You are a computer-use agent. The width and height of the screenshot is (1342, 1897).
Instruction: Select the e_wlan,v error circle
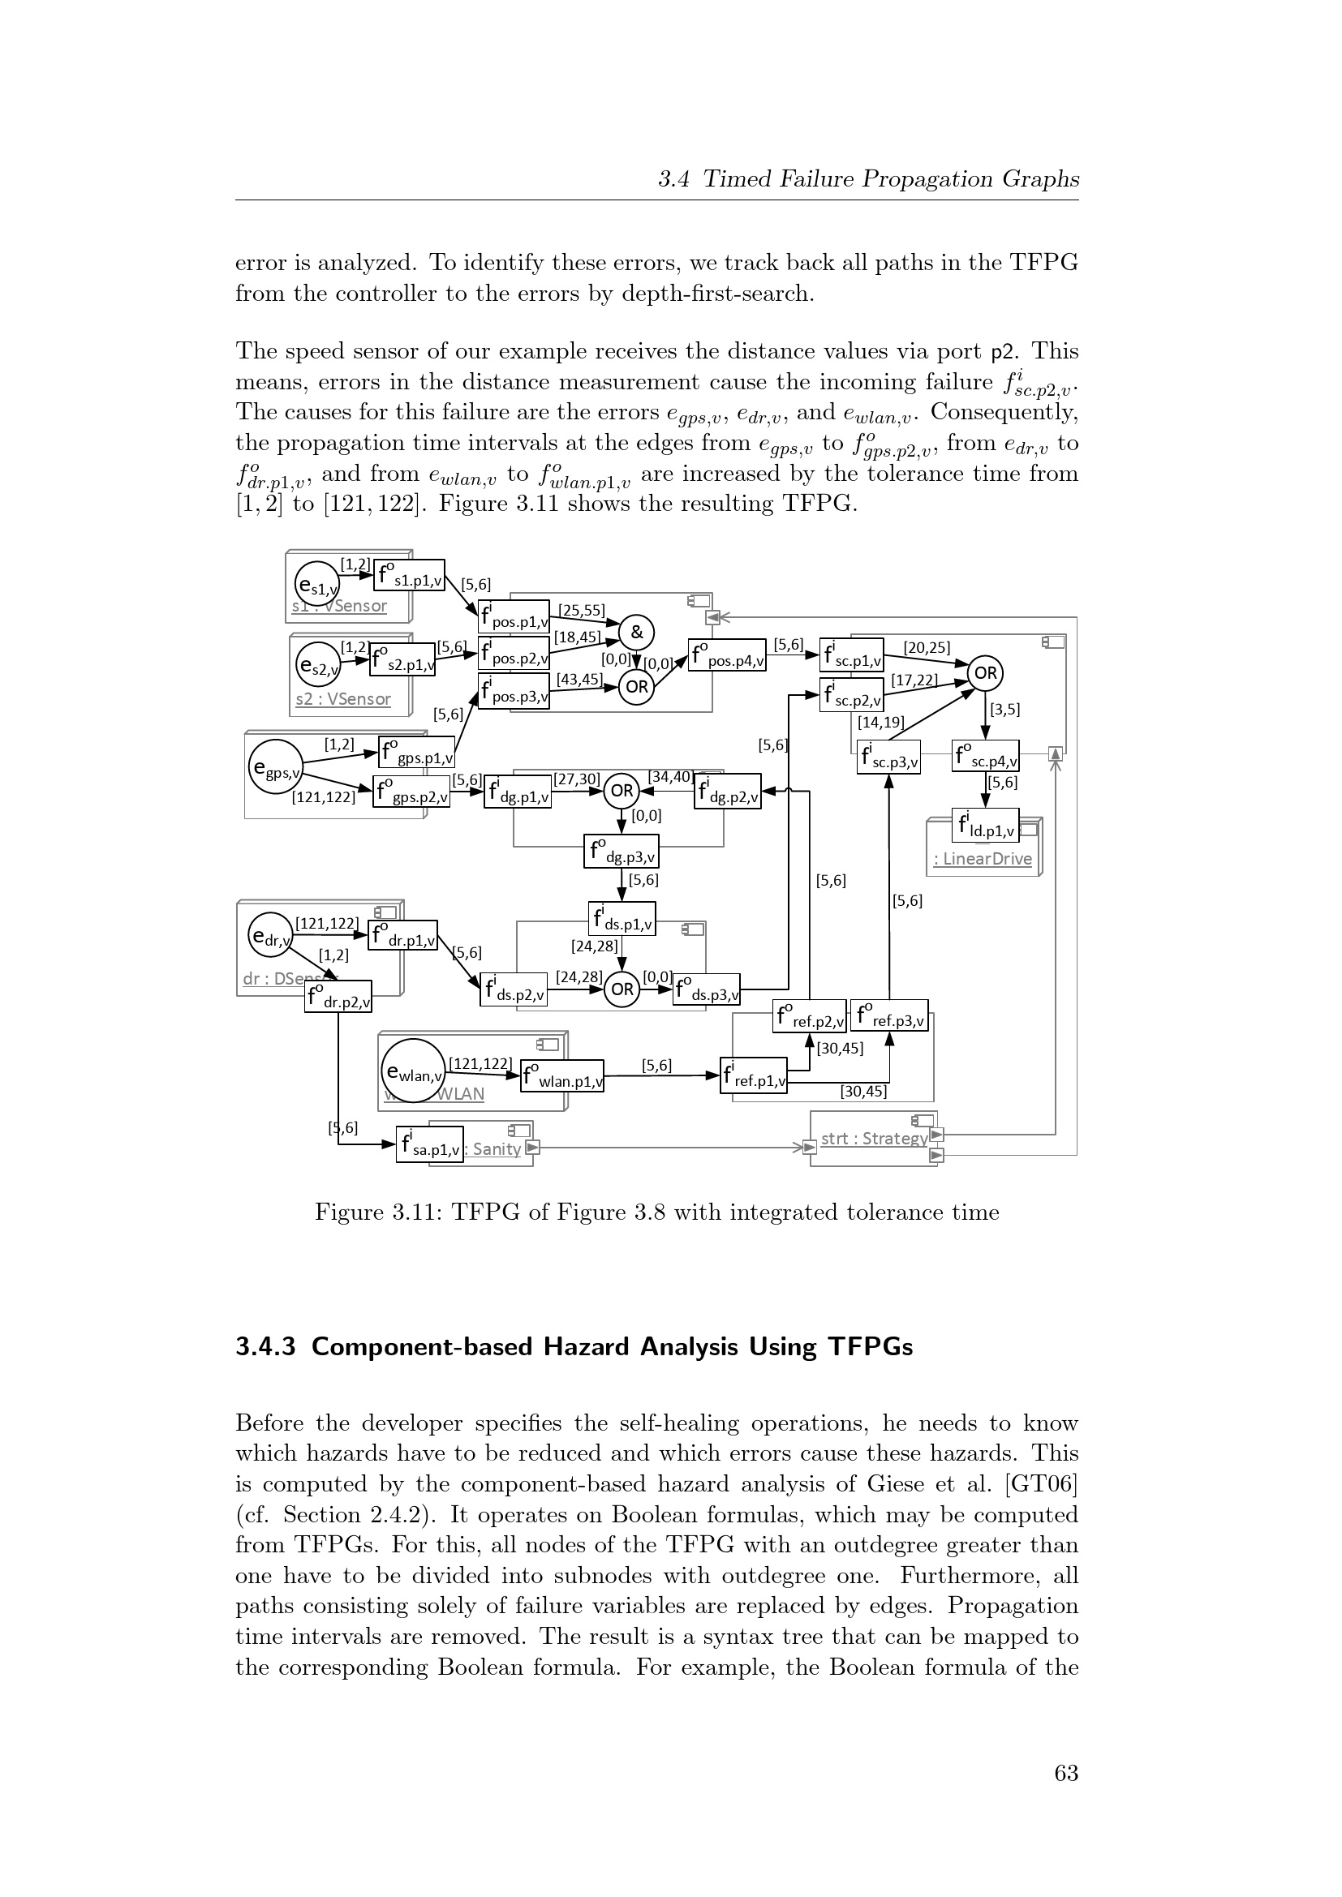click(x=413, y=1072)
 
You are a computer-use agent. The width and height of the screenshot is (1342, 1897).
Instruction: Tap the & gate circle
click(x=636, y=633)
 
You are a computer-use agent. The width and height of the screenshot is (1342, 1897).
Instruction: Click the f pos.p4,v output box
click(x=726, y=655)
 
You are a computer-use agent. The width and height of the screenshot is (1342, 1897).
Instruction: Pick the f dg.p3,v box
click(x=622, y=852)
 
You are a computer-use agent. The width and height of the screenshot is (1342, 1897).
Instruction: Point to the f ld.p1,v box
click(x=985, y=825)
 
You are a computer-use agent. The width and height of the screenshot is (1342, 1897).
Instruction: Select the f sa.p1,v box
click(x=429, y=1144)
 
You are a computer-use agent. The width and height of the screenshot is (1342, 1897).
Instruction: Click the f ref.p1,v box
click(x=753, y=1075)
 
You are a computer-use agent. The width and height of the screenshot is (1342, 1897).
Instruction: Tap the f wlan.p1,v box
click(x=562, y=1075)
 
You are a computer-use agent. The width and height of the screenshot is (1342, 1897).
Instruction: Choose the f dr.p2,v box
click(x=338, y=997)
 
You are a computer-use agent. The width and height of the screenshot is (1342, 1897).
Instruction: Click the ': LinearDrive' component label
click(x=983, y=858)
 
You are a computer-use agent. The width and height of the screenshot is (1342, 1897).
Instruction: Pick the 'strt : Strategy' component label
click(x=874, y=1139)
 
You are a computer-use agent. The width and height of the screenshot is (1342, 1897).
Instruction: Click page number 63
click(x=1066, y=1773)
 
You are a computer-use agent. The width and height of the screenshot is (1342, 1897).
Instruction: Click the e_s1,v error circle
click(x=316, y=585)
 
